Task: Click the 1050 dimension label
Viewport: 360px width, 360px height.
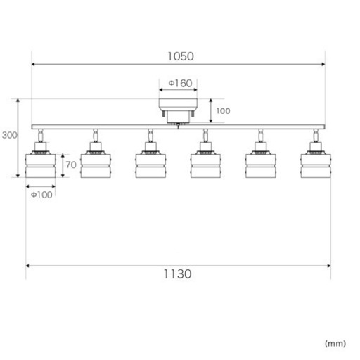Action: click(181, 56)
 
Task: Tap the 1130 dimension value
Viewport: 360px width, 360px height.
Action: click(177, 274)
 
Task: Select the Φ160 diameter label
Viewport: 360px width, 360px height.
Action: click(180, 83)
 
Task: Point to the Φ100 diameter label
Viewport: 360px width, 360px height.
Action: click(41, 195)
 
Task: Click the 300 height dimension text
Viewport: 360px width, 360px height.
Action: click(9, 135)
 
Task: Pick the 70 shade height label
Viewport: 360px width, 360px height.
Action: click(71, 165)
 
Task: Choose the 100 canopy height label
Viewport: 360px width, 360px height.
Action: click(223, 111)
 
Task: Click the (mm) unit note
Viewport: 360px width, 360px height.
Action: click(335, 344)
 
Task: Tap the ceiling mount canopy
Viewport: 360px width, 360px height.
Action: click(178, 110)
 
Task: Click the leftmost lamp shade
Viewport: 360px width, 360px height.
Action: click(41, 165)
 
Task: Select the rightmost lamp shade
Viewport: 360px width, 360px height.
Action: click(316, 165)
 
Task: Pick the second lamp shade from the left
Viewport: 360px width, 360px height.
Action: click(96, 165)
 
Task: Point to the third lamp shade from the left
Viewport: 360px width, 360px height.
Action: click(150, 165)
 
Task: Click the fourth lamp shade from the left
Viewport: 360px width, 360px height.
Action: click(205, 165)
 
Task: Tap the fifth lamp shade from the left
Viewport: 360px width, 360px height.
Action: click(261, 165)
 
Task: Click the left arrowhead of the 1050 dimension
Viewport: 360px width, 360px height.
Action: click(33, 64)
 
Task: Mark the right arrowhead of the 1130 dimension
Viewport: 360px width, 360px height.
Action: click(329, 266)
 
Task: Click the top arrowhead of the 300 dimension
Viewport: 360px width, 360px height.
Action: click(18, 101)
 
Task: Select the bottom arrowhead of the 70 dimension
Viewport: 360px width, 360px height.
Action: click(63, 176)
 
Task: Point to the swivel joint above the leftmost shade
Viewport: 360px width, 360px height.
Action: click(41, 136)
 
